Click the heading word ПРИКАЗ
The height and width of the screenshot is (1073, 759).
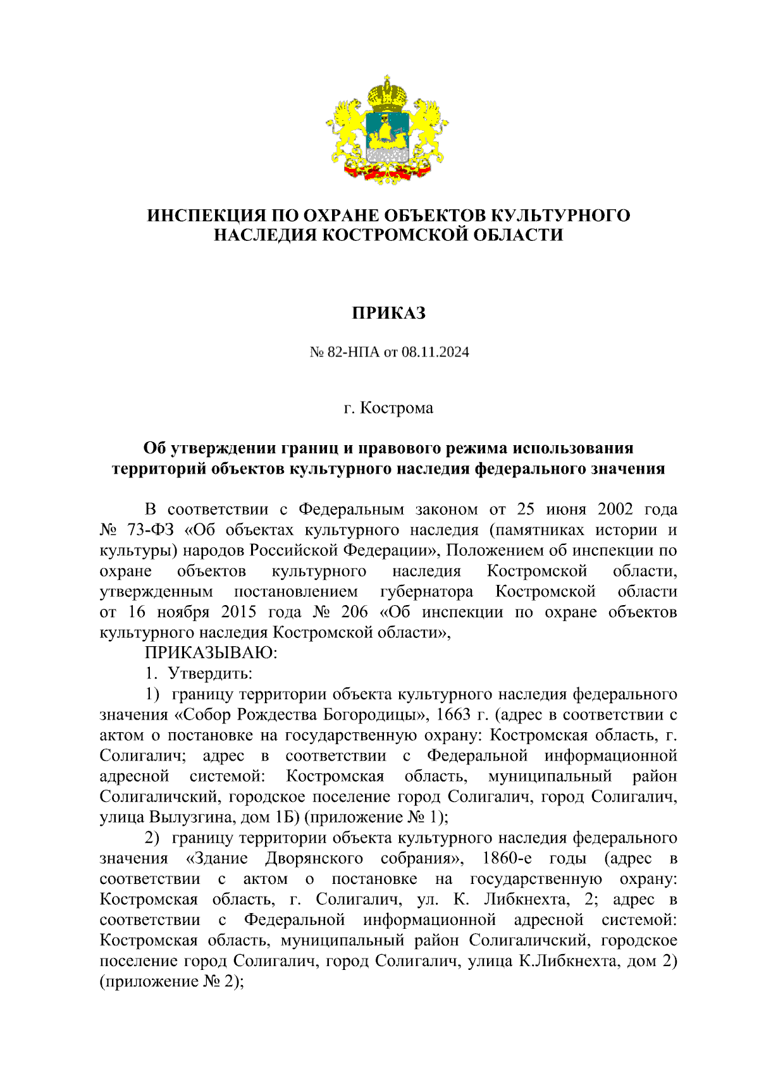388,312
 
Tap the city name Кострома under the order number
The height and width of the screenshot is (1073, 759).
397,408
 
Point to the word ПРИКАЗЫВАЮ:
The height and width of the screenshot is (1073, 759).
211,652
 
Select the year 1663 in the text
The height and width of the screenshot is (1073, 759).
454,714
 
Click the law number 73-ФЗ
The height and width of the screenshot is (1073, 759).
145,530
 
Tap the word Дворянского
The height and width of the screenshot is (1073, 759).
314,858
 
